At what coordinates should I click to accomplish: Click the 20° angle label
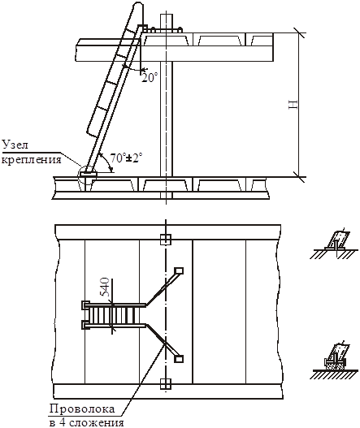point(150,78)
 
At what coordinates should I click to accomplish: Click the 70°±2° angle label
point(126,158)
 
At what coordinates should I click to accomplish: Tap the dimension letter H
point(293,105)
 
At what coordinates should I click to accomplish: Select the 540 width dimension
point(104,287)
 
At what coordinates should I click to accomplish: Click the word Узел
point(15,145)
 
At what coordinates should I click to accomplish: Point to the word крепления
point(32,159)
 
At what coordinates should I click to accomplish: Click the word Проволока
point(82,409)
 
